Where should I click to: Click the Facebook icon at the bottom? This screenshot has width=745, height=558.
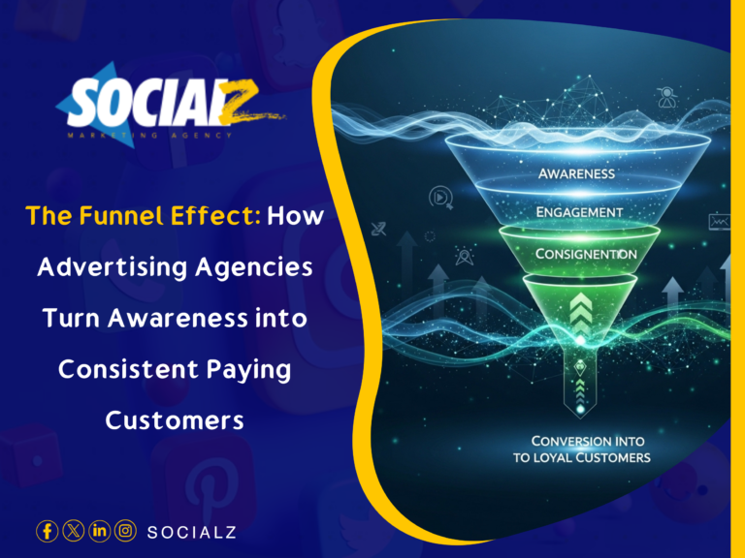[47, 531]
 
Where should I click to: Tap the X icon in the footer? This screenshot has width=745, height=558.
[73, 531]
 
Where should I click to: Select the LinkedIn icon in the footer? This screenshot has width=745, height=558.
[99, 531]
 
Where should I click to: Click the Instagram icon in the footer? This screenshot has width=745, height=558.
[125, 531]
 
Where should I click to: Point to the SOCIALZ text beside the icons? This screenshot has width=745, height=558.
[191, 532]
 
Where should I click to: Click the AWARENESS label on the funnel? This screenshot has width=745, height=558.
[576, 174]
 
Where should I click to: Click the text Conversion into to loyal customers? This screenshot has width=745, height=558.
[582, 449]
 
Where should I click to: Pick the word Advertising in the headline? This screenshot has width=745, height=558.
[107, 267]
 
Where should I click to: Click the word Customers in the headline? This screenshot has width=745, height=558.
[175, 420]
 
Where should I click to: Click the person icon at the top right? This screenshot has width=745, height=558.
[667, 96]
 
